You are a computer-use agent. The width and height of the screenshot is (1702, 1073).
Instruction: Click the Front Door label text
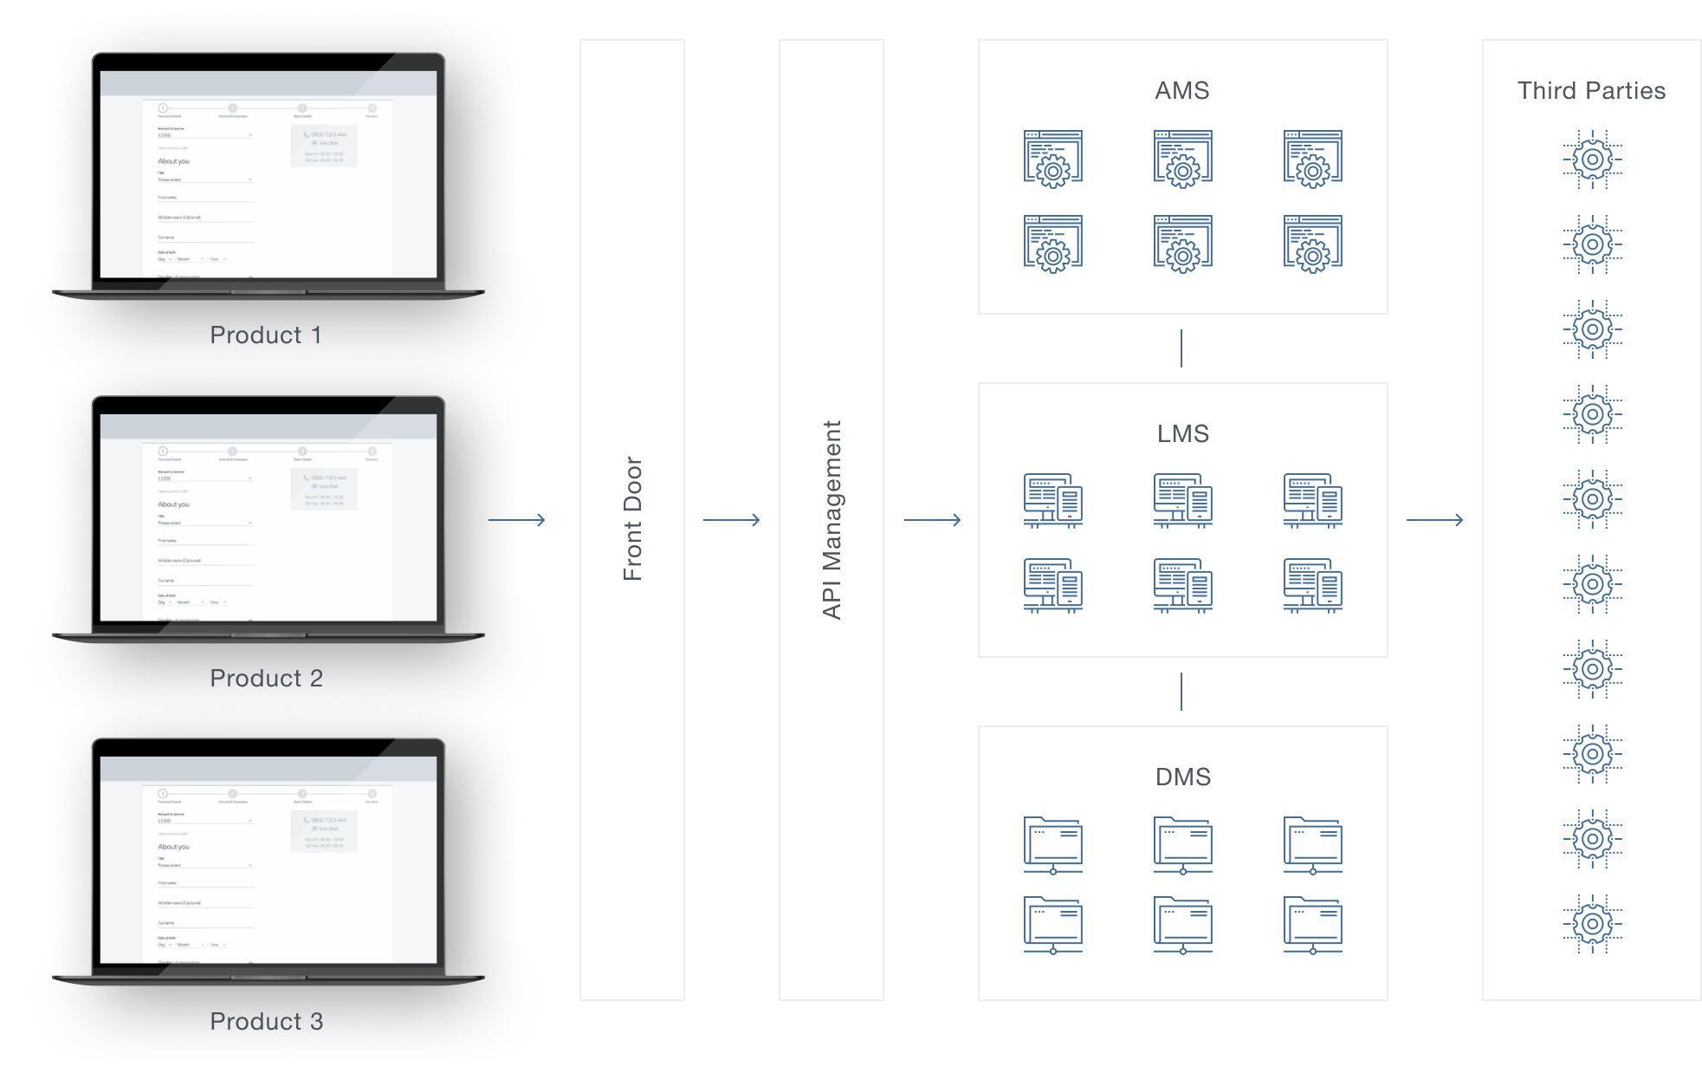[632, 518]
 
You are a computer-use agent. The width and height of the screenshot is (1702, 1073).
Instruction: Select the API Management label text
[832, 519]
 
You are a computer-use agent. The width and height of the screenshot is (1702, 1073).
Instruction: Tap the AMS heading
[1181, 90]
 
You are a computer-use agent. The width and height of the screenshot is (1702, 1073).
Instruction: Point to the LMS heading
[1182, 433]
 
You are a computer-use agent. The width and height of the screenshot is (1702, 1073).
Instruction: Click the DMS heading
[1182, 777]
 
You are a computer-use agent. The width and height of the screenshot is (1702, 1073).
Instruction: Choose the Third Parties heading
[1591, 90]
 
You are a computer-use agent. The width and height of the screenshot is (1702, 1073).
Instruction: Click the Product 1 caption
[266, 335]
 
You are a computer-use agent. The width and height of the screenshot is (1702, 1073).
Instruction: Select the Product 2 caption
[266, 678]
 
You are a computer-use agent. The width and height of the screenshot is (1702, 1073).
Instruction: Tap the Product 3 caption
[266, 1021]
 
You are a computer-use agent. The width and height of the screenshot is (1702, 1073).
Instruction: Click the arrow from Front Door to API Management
[732, 520]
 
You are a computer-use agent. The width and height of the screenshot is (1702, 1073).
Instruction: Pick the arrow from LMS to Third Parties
[1434, 520]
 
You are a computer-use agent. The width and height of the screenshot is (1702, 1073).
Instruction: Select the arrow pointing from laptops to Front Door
[517, 520]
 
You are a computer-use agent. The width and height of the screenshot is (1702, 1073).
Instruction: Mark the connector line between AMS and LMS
[1181, 348]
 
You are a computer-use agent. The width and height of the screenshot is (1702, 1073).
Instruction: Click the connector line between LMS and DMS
[1181, 692]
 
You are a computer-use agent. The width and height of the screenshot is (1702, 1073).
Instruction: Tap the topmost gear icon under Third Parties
[1592, 159]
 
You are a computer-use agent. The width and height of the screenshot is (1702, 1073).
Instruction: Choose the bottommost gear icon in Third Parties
[1592, 924]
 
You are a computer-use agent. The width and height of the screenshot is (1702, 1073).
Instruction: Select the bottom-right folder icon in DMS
[1313, 925]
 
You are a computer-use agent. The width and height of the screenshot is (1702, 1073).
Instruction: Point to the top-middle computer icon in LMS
[1183, 500]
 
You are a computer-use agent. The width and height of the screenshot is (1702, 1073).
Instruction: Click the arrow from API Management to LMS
[933, 520]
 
